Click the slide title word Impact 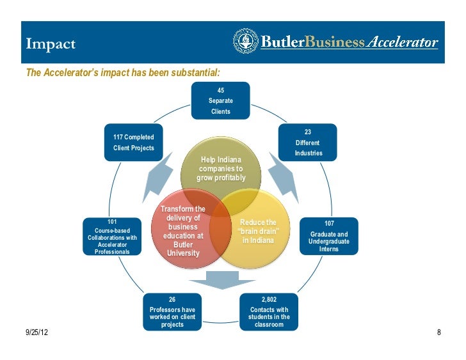[x=51, y=43]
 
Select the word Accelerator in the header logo [x=402, y=43]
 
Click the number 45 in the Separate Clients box [x=220, y=91]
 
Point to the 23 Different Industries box [x=308, y=143]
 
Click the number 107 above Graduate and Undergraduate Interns [x=329, y=223]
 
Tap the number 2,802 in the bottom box [x=269, y=299]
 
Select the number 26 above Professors [x=172, y=299]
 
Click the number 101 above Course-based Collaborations [x=113, y=221]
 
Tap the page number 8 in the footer [x=439, y=333]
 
